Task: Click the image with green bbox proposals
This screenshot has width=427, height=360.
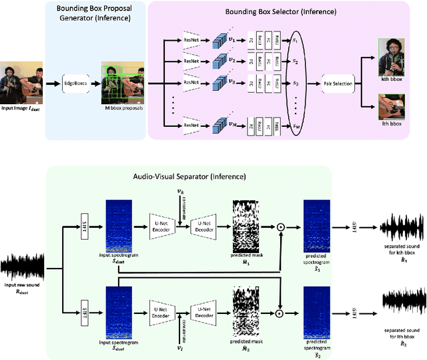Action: (120, 83)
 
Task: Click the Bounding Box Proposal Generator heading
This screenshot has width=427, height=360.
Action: (95, 11)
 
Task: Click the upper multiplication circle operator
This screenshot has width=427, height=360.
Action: (281, 228)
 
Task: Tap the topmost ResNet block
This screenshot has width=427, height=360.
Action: (190, 39)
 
